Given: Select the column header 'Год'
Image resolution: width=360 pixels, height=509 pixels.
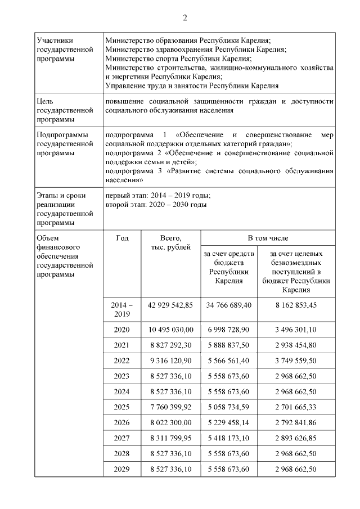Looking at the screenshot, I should [x=122, y=238].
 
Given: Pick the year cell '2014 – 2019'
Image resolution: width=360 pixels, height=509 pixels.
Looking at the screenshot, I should [x=122, y=309].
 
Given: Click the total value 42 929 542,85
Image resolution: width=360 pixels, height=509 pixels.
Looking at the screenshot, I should [x=170, y=304].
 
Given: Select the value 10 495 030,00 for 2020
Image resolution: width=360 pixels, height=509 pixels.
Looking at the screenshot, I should [x=170, y=330].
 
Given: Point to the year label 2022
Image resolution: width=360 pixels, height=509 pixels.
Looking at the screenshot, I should [x=122, y=361].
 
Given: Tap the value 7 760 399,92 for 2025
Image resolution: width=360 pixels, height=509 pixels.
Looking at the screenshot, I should [x=170, y=407].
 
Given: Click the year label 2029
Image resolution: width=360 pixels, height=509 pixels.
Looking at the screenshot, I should [x=122, y=469].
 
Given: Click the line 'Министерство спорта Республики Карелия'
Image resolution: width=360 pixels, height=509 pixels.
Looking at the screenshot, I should [x=178, y=58].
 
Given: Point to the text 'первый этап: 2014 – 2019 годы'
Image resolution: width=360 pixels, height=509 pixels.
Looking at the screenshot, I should [x=158, y=196].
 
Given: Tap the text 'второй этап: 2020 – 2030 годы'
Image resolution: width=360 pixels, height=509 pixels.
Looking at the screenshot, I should [x=156, y=204].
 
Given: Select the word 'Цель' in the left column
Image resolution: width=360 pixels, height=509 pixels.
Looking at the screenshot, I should [x=45, y=102].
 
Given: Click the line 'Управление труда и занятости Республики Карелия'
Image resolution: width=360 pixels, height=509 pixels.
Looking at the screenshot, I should [x=192, y=85].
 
